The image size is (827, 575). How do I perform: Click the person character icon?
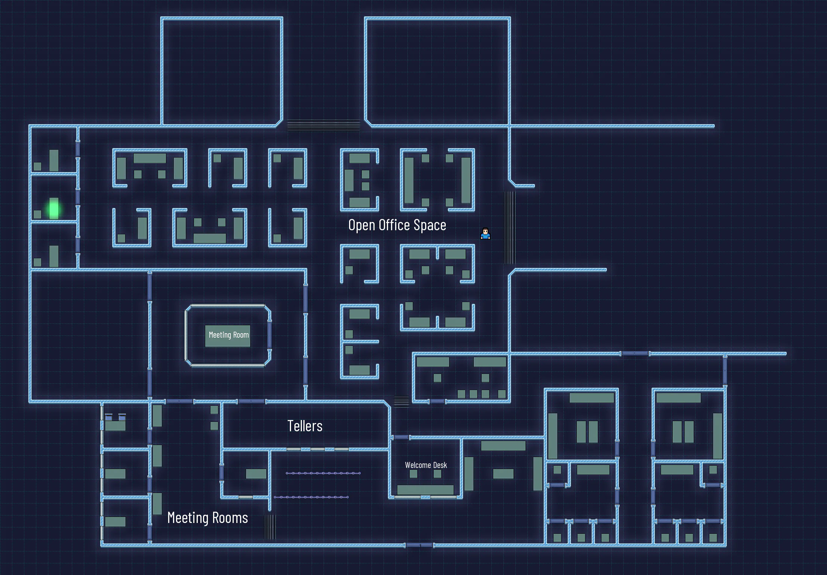pyautogui.click(x=485, y=234)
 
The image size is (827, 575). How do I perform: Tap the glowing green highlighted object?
pyautogui.click(x=54, y=209)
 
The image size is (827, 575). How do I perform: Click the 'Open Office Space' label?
pyautogui.click(x=397, y=225)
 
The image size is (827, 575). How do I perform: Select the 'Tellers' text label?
pyautogui.click(x=305, y=426)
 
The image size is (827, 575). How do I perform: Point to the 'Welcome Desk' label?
pyautogui.click(x=426, y=465)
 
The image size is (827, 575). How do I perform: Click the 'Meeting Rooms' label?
pyautogui.click(x=207, y=518)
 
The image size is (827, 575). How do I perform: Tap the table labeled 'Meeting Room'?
pyautogui.click(x=228, y=335)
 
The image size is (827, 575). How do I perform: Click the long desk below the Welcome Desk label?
pyautogui.click(x=425, y=489)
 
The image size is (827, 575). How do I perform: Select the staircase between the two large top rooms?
pyautogui.click(x=323, y=125)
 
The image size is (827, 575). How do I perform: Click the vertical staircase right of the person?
pyautogui.click(x=510, y=228)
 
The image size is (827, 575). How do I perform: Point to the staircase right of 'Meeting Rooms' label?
pyautogui.click(x=270, y=527)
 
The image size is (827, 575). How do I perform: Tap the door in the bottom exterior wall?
pyautogui.click(x=419, y=545)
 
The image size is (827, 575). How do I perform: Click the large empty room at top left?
pyautogui.click(x=221, y=71)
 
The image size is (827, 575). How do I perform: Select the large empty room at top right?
pyautogui.click(x=437, y=71)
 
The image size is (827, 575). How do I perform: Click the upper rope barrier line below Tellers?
pyautogui.click(x=323, y=473)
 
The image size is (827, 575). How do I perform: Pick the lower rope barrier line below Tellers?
pyautogui.click(x=311, y=497)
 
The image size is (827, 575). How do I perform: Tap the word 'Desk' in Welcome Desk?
pyautogui.click(x=440, y=465)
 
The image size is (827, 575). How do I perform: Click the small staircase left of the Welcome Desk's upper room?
pyautogui.click(x=401, y=401)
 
